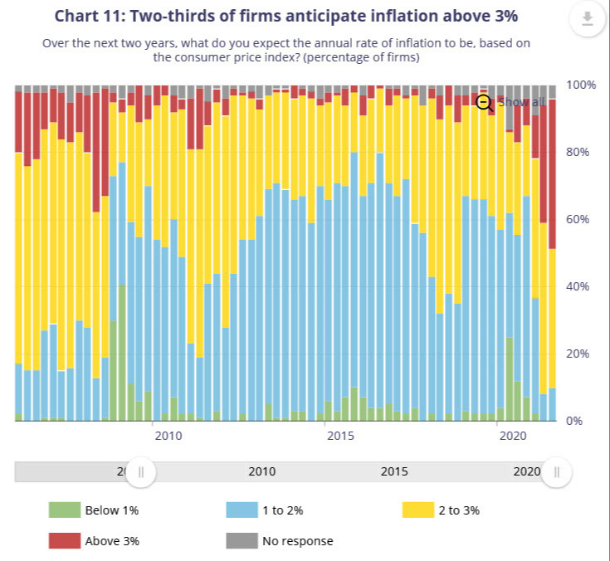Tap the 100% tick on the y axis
pos(582,85)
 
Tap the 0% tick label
pos(575,421)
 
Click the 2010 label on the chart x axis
pos(168,436)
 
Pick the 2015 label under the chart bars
pos(339,436)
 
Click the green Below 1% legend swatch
pos(65,510)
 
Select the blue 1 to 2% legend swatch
pos(242,510)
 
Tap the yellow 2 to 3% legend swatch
pos(418,510)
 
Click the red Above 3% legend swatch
pos(65,541)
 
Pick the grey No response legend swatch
pos(242,541)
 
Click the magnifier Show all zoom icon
pos(485,102)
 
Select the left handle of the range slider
pos(141,471)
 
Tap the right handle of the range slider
pos(557,471)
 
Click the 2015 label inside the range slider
pos(394,471)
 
